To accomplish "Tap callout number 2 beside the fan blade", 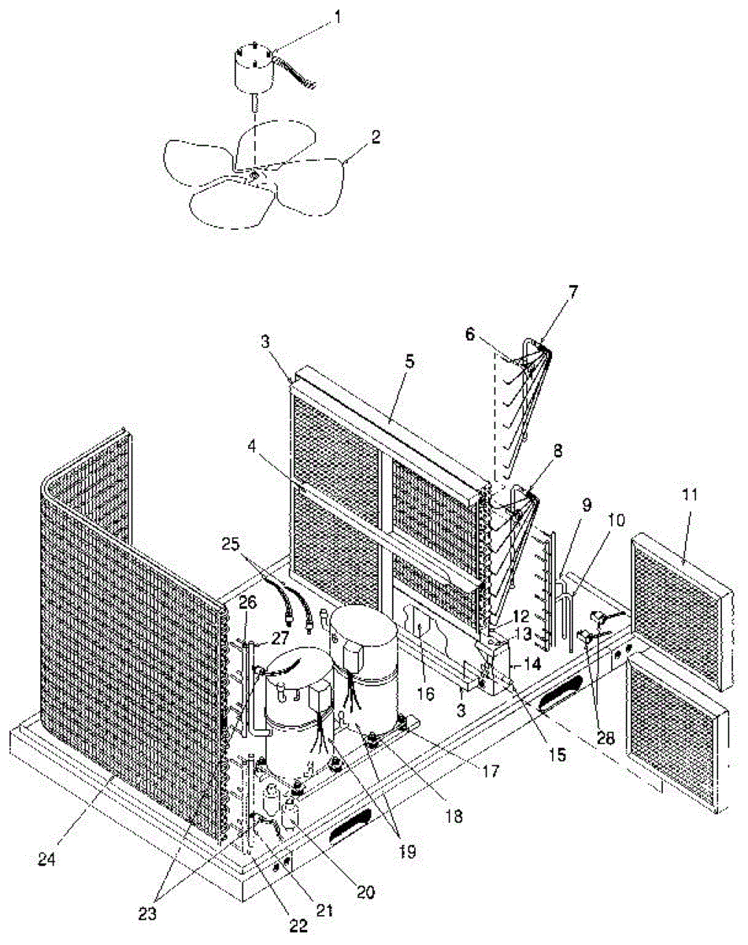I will (376, 136).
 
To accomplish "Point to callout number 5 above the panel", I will (409, 363).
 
